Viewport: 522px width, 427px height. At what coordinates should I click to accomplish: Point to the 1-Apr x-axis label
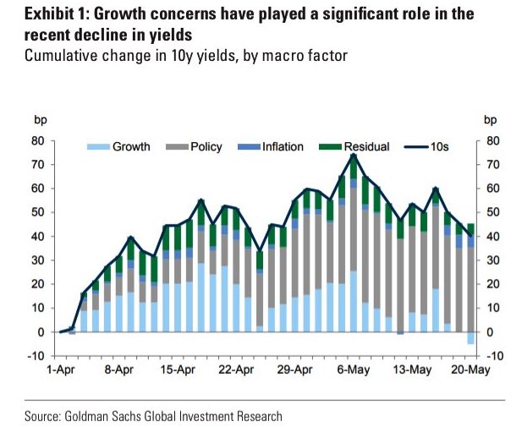tap(61, 370)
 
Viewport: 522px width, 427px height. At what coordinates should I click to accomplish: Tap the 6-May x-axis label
tap(352, 370)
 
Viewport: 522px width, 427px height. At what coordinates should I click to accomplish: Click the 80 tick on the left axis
tap(37, 141)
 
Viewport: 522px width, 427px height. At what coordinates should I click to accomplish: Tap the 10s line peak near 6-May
tap(353, 156)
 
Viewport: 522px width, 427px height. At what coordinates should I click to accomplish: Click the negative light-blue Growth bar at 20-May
tap(470, 338)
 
